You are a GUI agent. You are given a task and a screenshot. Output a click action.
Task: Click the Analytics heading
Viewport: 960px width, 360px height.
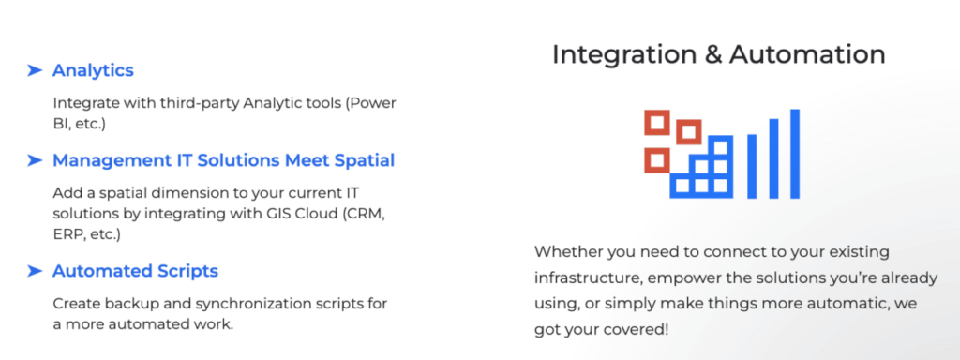click(93, 70)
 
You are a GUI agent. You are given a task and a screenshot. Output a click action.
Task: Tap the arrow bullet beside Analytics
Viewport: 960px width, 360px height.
click(35, 70)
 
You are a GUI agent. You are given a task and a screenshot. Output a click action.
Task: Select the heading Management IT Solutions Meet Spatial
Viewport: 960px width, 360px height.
click(223, 160)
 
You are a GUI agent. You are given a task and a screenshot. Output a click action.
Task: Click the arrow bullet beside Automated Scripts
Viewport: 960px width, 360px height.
click(35, 271)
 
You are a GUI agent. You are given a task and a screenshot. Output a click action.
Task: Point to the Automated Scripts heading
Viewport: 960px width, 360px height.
click(135, 271)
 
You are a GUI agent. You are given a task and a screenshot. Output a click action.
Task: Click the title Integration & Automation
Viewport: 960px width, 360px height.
click(718, 54)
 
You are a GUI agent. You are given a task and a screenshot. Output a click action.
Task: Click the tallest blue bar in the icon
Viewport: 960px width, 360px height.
click(795, 153)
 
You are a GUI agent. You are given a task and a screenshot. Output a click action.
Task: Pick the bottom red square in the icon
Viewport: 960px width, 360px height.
click(655, 160)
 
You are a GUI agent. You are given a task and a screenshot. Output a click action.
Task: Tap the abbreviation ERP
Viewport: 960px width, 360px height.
click(68, 234)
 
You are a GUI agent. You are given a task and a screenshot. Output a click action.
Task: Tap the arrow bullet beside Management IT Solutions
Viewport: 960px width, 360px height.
click(35, 160)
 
